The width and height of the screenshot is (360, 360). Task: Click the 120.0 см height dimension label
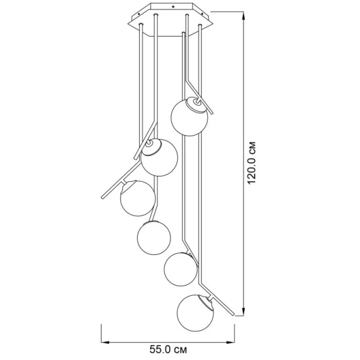point(251,163)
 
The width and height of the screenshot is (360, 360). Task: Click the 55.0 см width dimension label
point(168,350)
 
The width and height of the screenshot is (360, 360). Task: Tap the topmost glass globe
point(190,116)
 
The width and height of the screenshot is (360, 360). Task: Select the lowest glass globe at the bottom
point(196,313)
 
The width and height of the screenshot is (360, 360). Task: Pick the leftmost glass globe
point(138,198)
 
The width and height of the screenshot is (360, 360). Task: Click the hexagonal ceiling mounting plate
point(171,20)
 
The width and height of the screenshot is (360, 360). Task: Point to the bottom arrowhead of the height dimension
point(244,310)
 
